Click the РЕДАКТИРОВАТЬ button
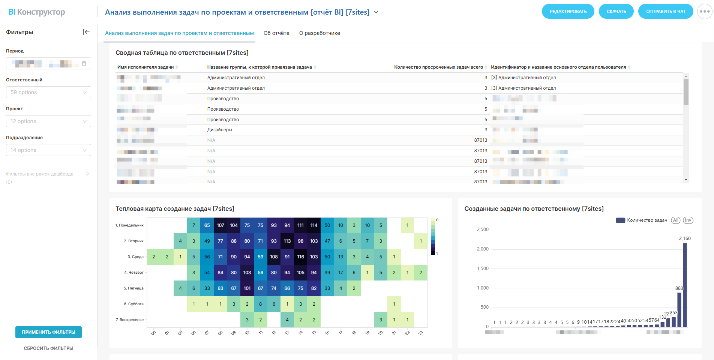pos(568,11)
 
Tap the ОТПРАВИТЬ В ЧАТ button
pos(665,11)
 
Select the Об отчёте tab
pos(276,33)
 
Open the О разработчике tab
pos(319,33)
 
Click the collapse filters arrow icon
pos(86,32)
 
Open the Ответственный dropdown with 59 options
pos(48,92)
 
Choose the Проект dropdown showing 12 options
pos(48,121)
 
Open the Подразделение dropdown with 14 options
pos(48,150)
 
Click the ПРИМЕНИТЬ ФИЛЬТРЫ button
pos(48,332)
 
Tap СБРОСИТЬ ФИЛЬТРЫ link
pos(48,348)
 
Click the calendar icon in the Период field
pos(84,63)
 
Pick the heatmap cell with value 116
pos(300,257)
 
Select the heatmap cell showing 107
pos(220,225)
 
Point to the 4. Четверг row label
pos(133,273)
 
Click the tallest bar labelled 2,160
pos(685,285)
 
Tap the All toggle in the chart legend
pos(675,220)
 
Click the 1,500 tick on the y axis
pos(483,268)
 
